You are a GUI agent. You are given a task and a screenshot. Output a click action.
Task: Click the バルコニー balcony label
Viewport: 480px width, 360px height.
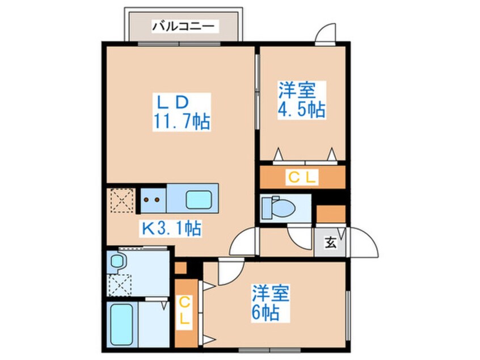pos(183,26)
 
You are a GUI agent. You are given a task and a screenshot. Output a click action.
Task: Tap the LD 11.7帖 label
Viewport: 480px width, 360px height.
pos(182,112)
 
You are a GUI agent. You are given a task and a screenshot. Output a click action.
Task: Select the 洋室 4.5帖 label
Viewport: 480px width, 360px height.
pos(301,100)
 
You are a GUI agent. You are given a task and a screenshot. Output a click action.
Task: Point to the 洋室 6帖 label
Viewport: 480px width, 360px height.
pos(271,303)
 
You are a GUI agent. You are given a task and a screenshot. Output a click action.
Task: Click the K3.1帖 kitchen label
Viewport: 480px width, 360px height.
pos(171,228)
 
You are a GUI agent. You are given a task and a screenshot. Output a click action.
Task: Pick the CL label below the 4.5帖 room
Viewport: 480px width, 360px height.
pos(302,177)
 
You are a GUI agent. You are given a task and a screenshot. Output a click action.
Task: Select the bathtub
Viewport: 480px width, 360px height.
pos(121,324)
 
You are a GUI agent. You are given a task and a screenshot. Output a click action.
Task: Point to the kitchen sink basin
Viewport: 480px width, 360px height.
pos(199,200)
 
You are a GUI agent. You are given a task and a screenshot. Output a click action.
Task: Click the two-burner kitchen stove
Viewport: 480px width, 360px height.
pos(153,200)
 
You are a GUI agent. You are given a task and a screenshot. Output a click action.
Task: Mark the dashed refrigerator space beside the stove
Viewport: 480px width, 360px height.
pos(122,200)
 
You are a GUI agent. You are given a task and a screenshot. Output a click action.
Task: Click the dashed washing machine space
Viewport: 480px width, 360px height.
pos(120,285)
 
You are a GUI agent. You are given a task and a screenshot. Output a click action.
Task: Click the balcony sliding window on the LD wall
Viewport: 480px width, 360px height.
pos(179,44)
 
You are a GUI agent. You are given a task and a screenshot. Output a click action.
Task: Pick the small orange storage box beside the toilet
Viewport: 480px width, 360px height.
pos(331,214)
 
